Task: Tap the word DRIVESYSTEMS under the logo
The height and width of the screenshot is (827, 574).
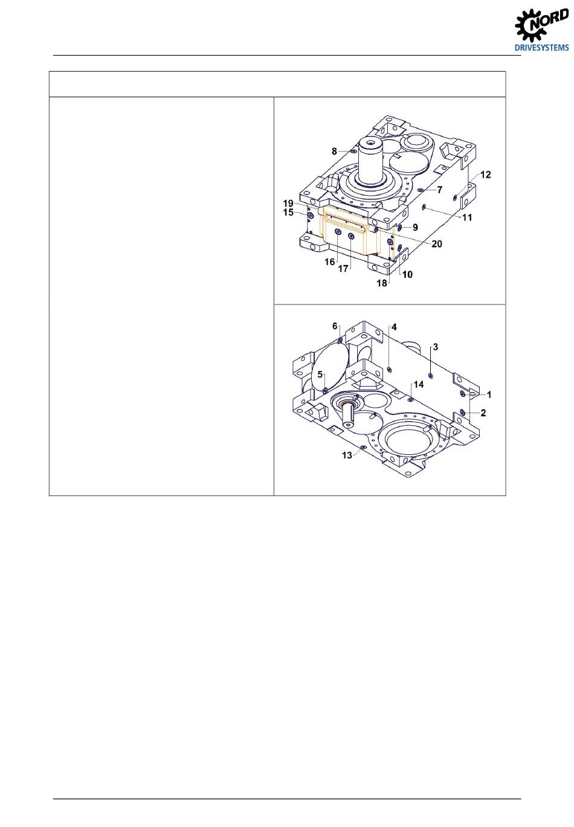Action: coord(542,48)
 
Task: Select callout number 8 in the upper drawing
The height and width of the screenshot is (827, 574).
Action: coord(334,151)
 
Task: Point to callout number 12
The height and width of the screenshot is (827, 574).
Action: coord(485,175)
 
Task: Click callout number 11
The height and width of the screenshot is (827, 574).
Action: coord(467,217)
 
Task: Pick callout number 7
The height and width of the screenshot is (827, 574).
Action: coord(439,190)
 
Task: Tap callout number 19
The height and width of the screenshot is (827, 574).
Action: coord(288,204)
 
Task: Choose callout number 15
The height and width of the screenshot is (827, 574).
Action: coord(288,213)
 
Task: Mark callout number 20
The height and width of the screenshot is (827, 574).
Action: coord(437,243)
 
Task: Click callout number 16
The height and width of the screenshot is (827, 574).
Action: coord(329,262)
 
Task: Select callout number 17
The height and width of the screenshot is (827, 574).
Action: coord(343,269)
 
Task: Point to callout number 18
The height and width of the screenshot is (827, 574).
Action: coord(382,283)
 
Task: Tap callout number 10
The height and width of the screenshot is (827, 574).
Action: coord(407,274)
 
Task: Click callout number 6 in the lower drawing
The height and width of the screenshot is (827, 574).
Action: coord(335,326)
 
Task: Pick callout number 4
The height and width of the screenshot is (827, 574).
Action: coord(394,327)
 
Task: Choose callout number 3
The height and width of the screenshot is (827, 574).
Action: coord(436,347)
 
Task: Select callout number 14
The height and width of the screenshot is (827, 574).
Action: coord(419,385)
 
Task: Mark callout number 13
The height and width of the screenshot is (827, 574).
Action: coord(347,455)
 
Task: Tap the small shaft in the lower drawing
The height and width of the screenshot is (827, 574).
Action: coord(349,416)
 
